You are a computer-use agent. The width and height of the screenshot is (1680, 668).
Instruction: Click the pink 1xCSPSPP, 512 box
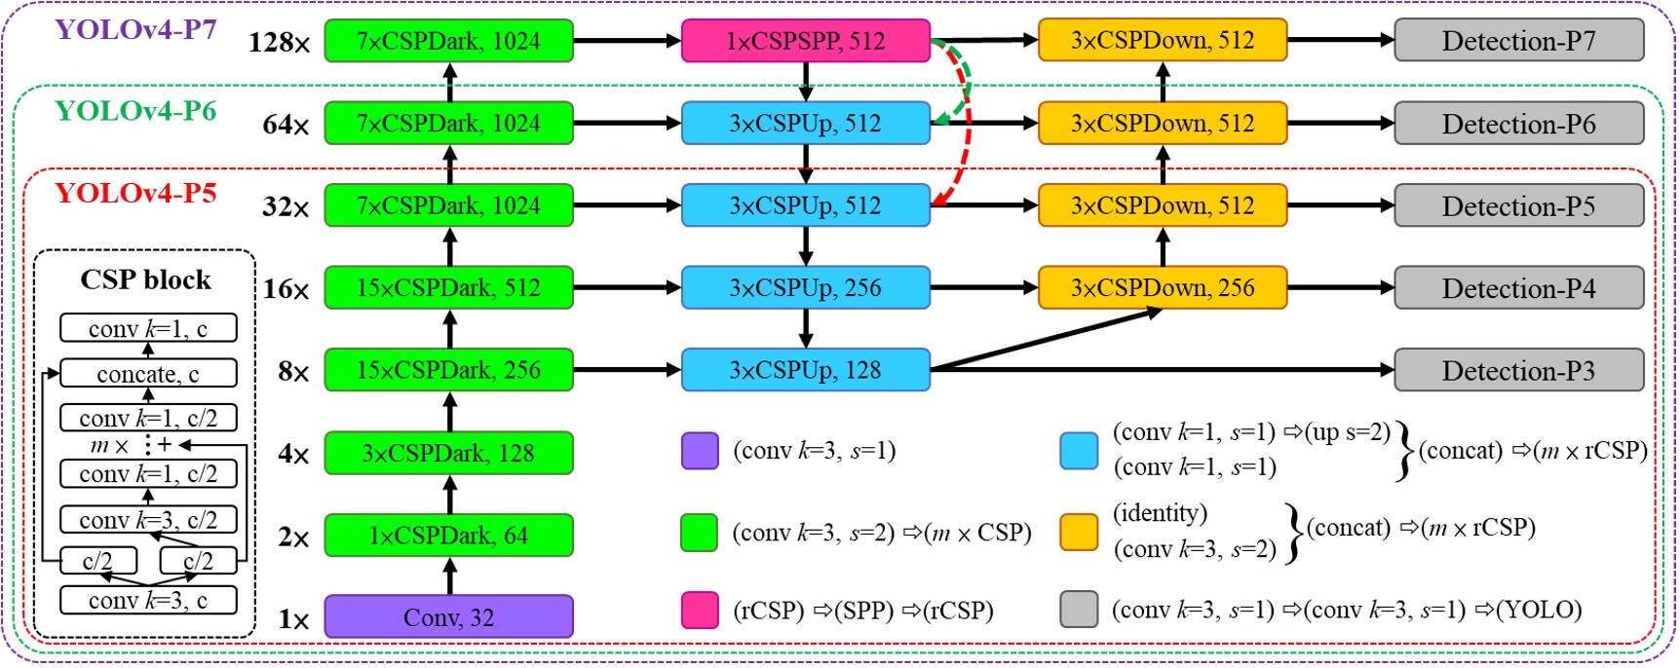click(805, 41)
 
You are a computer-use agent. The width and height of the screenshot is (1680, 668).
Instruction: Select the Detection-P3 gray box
click(1518, 371)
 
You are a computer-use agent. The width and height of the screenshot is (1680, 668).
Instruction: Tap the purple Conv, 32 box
click(448, 617)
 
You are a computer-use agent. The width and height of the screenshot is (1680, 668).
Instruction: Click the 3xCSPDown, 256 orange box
click(1163, 288)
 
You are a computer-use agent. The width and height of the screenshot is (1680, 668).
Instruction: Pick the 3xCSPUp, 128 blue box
click(805, 371)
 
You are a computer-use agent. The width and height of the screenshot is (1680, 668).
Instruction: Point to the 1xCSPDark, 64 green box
click(448, 536)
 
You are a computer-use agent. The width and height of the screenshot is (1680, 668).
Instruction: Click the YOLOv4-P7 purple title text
click(135, 29)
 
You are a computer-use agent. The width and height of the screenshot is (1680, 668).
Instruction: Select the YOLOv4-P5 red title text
click(135, 193)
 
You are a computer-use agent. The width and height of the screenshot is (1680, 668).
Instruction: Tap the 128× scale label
click(279, 43)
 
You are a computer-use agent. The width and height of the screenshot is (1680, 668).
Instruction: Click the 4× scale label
click(292, 455)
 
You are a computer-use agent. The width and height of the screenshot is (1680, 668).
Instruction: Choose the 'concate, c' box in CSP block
click(148, 374)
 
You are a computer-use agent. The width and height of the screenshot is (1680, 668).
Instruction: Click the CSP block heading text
click(145, 280)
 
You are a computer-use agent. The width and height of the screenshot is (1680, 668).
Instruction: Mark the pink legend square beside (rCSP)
click(700, 610)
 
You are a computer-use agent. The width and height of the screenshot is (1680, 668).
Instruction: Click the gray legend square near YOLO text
click(1079, 610)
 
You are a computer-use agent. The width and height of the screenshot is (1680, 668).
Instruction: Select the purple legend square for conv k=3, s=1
click(700, 451)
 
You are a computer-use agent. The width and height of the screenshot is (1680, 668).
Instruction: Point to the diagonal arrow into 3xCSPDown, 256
click(1048, 340)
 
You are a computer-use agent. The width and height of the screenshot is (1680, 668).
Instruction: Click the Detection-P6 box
click(1518, 124)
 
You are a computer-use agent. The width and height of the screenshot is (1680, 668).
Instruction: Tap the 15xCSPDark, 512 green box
click(448, 288)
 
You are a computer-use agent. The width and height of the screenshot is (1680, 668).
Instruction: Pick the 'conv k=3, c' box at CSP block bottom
click(148, 601)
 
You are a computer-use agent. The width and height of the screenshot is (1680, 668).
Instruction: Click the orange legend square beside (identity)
click(1079, 532)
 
